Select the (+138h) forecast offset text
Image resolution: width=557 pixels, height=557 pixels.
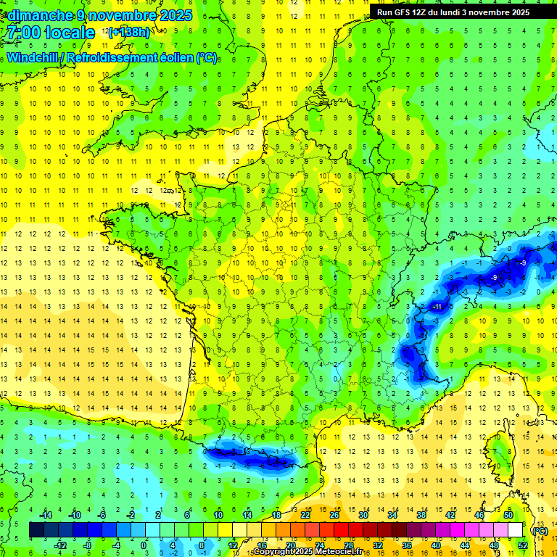pos(129,32)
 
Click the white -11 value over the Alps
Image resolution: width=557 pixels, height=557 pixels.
pos(437,307)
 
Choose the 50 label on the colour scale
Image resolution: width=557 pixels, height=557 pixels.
pos(508,514)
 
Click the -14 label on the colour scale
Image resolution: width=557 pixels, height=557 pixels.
pos(45,514)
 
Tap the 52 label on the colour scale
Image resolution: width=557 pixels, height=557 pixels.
pos(523,545)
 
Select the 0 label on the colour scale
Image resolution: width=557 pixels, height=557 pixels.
pos(144,545)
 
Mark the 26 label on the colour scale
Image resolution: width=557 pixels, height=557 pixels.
pos(334,514)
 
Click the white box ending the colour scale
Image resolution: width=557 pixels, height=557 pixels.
pos(516,529)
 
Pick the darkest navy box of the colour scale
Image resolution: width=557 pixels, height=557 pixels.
pos(36,529)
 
